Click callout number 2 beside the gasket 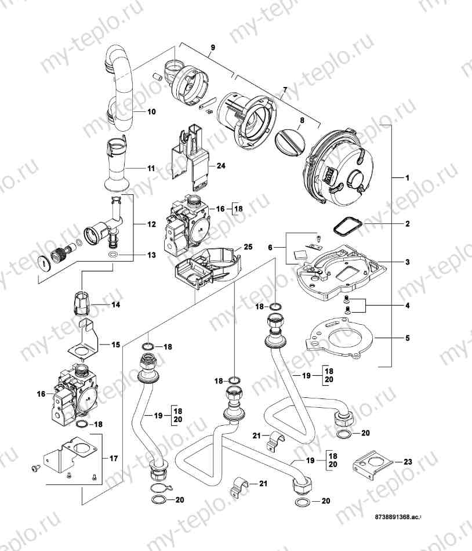coord(408,223)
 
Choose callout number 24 coord(220,165)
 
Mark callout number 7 coord(284,90)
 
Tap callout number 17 coord(114,458)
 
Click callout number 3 coord(408,262)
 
